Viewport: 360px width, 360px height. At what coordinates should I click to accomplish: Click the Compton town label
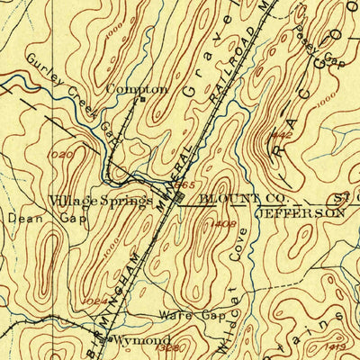(x=137, y=89)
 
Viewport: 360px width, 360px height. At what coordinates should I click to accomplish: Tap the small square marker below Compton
(x=139, y=100)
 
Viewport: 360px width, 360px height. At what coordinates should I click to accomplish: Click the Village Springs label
(x=100, y=200)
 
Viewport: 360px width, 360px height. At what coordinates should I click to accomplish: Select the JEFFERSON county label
(x=301, y=213)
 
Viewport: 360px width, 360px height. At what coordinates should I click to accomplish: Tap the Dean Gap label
(x=31, y=218)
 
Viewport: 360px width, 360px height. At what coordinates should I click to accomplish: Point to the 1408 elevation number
(x=226, y=223)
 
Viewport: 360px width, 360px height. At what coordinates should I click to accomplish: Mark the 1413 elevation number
(x=336, y=344)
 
